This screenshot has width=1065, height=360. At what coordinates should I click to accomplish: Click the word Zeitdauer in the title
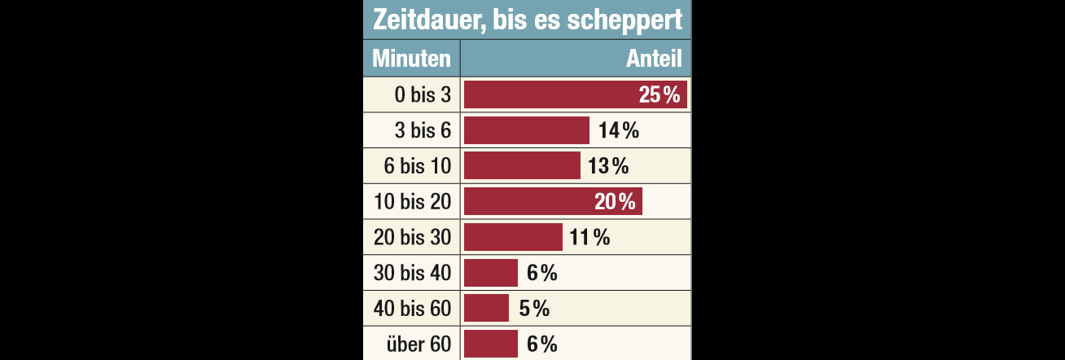(x=420, y=20)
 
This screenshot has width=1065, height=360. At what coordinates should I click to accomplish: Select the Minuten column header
(x=411, y=59)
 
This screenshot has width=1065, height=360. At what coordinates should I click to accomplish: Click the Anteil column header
(x=654, y=59)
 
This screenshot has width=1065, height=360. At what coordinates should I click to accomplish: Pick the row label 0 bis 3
(x=423, y=95)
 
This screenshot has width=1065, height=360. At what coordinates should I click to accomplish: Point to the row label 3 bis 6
(x=423, y=131)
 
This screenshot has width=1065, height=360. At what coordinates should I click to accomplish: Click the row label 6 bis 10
(x=418, y=167)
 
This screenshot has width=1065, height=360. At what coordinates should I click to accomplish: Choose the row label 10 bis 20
(x=413, y=202)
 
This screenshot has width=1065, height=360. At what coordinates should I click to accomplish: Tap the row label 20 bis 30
(x=413, y=238)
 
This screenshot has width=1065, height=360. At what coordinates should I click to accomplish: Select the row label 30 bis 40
(x=413, y=274)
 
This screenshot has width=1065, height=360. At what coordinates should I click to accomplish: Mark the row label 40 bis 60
(x=413, y=309)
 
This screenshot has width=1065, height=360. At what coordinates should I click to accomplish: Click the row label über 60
(x=419, y=345)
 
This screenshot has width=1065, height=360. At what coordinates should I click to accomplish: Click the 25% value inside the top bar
(x=660, y=95)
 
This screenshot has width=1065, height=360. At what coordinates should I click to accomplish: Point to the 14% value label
(x=618, y=131)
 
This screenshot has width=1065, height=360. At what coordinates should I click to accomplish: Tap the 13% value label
(x=609, y=167)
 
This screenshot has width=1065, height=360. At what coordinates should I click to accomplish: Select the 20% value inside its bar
(x=615, y=202)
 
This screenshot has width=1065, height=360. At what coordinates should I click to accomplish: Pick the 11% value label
(x=589, y=238)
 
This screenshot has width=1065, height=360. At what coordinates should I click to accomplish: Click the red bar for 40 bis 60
(x=486, y=309)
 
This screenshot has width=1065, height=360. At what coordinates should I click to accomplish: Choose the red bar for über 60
(x=491, y=345)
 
